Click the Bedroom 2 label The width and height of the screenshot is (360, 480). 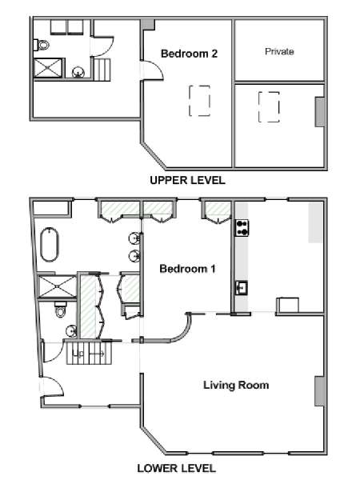point(189,54)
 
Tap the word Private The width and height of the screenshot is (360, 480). point(279,51)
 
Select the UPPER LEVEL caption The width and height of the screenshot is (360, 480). point(187,180)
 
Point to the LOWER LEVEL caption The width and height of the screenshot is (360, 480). point(176,468)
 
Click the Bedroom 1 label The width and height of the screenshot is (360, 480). point(187,269)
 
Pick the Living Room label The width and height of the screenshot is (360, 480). point(236,385)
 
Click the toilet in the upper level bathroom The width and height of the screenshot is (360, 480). point(42,45)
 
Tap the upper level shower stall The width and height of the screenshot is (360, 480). point(48,68)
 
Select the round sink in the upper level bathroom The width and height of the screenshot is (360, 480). point(78,72)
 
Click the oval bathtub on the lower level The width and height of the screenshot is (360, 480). point(50,244)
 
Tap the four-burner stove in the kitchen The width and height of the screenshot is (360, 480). point(242,228)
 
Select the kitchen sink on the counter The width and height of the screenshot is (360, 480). point(242,288)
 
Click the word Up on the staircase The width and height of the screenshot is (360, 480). point(78,354)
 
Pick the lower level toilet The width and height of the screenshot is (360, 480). point(61,310)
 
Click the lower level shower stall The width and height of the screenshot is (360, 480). point(57,286)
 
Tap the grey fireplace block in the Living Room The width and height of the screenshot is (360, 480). point(319,391)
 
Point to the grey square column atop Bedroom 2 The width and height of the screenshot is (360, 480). point(148,25)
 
